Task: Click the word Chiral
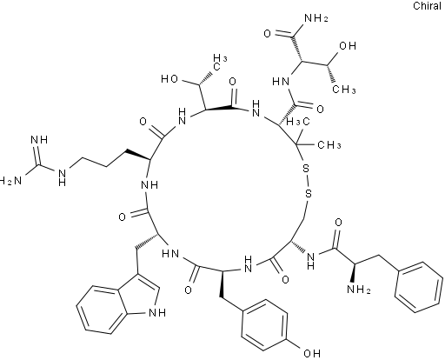click(x=427, y=6)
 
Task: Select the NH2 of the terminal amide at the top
click(x=316, y=19)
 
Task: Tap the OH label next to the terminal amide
click(x=348, y=46)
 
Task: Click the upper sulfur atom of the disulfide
click(x=306, y=169)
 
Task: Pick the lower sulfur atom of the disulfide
click(x=309, y=193)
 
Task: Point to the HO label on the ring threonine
click(x=169, y=79)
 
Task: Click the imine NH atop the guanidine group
click(x=39, y=140)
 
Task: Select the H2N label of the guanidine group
click(x=11, y=182)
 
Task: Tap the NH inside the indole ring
click(x=156, y=313)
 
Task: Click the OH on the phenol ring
click(x=312, y=353)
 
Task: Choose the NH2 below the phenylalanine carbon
click(x=359, y=290)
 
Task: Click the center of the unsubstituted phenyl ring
click(x=419, y=287)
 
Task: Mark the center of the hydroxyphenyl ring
click(x=264, y=324)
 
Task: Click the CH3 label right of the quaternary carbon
click(x=329, y=144)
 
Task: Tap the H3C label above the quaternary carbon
click(x=298, y=122)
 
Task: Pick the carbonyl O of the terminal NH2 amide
click(x=268, y=34)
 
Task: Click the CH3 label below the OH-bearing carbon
click(x=344, y=90)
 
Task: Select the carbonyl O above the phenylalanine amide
click(x=338, y=223)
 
